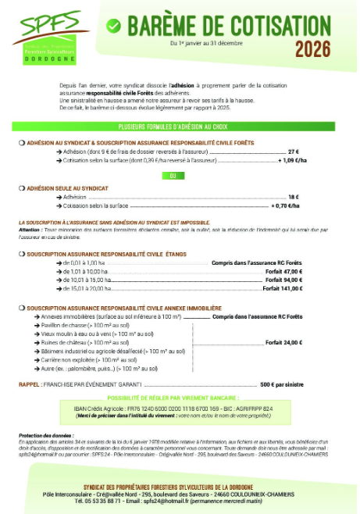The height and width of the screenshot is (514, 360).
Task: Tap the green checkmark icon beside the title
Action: point(114,25)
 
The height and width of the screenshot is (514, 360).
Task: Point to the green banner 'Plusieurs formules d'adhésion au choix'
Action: point(179,126)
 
